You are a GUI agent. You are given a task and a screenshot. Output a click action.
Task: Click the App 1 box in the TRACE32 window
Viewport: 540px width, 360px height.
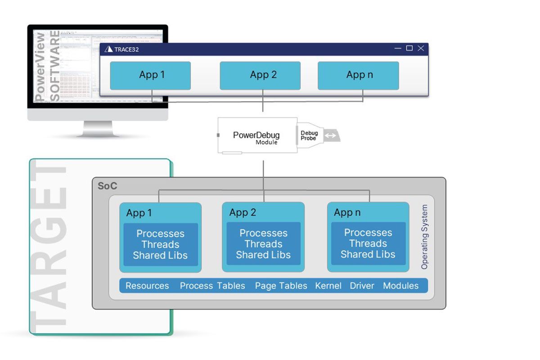point(150,76)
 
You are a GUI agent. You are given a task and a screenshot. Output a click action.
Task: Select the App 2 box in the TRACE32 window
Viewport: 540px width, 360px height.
point(260,76)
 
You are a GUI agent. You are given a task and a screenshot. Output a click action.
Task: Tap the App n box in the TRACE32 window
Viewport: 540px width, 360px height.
point(358,76)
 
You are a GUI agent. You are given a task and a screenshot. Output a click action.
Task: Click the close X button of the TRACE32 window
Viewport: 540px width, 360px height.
point(421,49)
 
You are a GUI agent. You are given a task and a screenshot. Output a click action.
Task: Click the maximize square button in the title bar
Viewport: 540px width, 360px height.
point(409,49)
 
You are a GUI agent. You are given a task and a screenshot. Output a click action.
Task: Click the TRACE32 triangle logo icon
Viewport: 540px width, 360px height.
point(108,49)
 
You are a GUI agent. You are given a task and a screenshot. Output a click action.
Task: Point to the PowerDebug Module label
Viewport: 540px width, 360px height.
point(256,138)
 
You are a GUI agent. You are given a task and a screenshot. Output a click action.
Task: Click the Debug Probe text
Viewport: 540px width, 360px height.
point(309,135)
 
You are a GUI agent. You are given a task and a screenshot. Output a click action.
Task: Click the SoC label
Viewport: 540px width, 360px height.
point(107,186)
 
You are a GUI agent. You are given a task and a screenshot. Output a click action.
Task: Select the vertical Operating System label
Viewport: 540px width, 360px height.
point(424,237)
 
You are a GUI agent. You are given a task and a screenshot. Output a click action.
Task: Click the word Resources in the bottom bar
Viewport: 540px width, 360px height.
point(147,286)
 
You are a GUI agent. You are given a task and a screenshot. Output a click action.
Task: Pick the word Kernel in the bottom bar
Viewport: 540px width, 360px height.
point(328,286)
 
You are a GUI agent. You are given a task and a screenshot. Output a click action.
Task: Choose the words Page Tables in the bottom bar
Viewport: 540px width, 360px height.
point(281,286)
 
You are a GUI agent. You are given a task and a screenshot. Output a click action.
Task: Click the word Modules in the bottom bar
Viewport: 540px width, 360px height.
point(400,286)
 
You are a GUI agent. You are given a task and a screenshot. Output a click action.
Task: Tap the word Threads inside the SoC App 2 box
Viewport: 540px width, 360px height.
point(263,244)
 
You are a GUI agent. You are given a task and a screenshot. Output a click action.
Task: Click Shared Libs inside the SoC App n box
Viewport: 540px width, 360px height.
point(368,254)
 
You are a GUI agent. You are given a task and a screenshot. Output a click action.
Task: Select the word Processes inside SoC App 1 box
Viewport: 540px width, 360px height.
point(160,234)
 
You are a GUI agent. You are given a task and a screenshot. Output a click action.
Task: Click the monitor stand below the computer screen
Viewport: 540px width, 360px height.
point(98,130)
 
